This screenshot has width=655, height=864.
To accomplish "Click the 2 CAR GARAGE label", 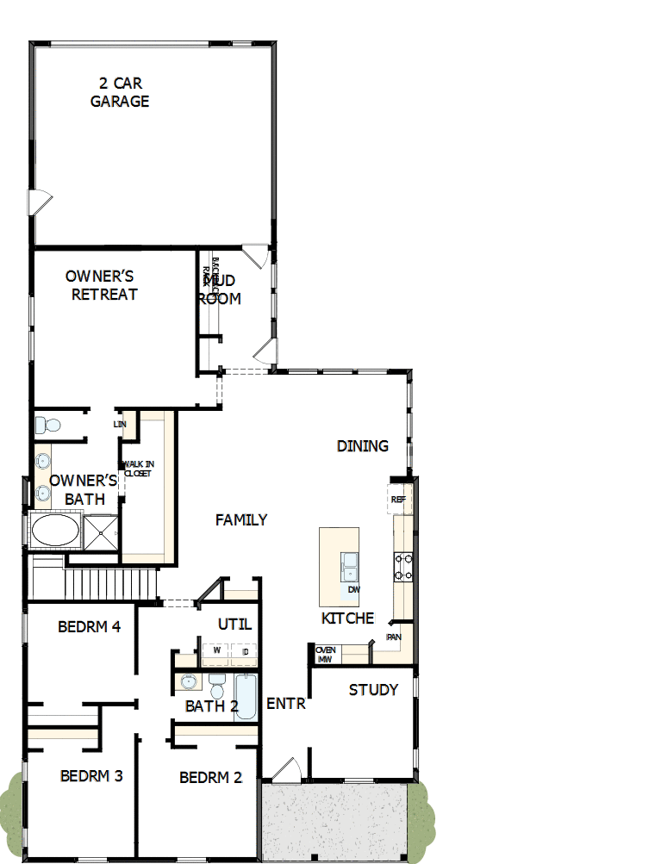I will [120, 92].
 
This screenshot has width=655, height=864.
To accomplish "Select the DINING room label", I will [362, 445].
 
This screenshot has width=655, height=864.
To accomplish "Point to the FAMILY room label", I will [241, 519].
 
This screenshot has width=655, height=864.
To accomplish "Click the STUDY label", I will [373, 689].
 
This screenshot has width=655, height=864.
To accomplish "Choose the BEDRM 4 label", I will [89, 626].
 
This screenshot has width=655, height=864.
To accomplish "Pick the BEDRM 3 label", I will [91, 776].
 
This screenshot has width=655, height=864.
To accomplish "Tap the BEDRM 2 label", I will [210, 778].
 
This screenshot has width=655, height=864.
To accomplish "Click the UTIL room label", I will [234, 624].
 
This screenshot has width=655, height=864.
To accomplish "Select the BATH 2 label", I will [211, 706].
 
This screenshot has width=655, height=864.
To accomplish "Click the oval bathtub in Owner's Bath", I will [55, 531].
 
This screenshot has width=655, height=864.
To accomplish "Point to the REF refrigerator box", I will [398, 500].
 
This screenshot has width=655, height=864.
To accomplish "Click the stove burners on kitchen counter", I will [402, 565].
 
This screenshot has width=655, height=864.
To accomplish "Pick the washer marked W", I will [216, 651].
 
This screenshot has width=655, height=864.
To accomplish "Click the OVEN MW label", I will [325, 654].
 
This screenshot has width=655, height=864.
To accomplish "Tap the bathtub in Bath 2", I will [246, 696].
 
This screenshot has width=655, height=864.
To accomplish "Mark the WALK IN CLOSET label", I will [137, 469].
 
